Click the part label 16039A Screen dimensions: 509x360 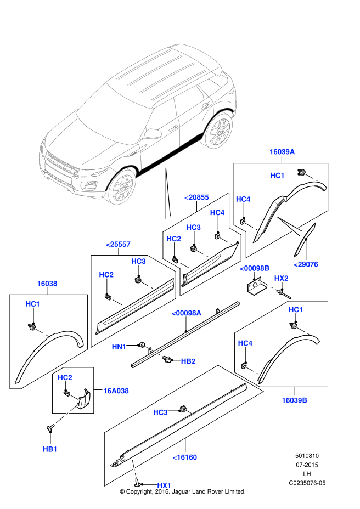(x=282, y=152)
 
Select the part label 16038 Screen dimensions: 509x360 (x=47, y=284)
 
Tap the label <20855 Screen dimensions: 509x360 (x=196, y=197)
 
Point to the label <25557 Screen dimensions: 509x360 (x=118, y=244)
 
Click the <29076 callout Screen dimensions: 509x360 (x=306, y=264)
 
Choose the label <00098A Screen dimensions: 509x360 (x=186, y=313)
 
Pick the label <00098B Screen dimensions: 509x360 (x=255, y=268)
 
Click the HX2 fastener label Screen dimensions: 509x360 (x=281, y=278)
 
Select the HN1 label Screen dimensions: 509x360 (x=119, y=346)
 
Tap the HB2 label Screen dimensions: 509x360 (x=188, y=361)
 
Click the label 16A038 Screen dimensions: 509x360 (x=116, y=391)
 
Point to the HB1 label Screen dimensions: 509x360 (x=50, y=449)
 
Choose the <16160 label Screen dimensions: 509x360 (x=184, y=457)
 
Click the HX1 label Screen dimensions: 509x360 (x=164, y=485)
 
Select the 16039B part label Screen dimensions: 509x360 (x=294, y=400)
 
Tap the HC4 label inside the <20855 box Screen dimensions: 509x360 (x=217, y=212)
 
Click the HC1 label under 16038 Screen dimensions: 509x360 (x=33, y=303)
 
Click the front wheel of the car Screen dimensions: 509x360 (x=121, y=186)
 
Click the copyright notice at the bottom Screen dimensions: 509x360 (x=182, y=492)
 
